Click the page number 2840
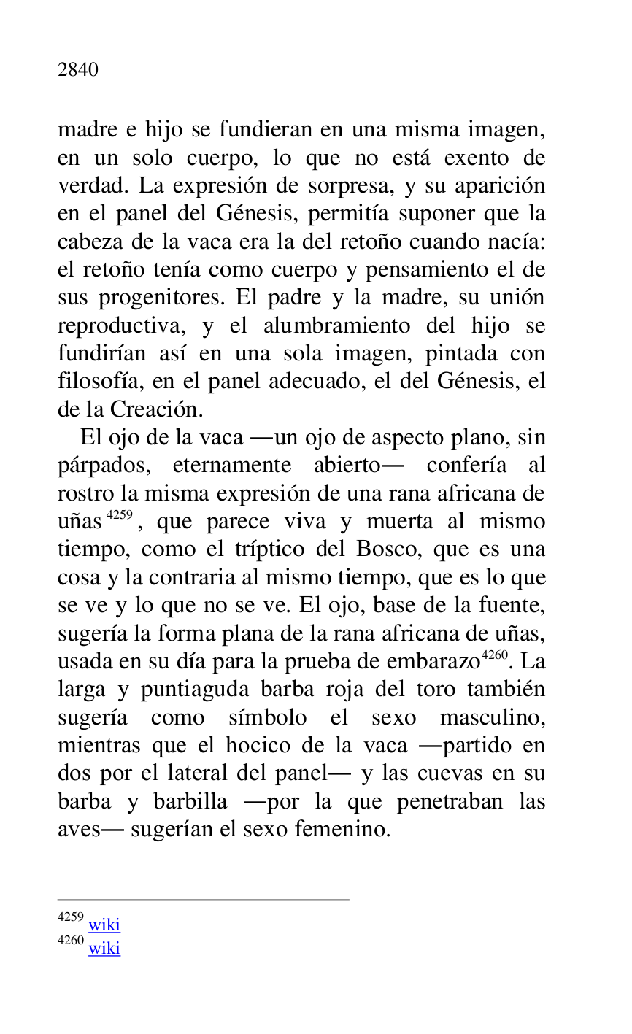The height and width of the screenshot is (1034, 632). (x=78, y=70)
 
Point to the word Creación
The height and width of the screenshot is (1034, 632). (x=154, y=409)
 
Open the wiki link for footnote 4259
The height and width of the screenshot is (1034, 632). (x=104, y=925)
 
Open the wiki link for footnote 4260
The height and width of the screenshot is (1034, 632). (x=104, y=949)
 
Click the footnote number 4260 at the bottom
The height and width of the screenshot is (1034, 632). (x=71, y=941)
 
